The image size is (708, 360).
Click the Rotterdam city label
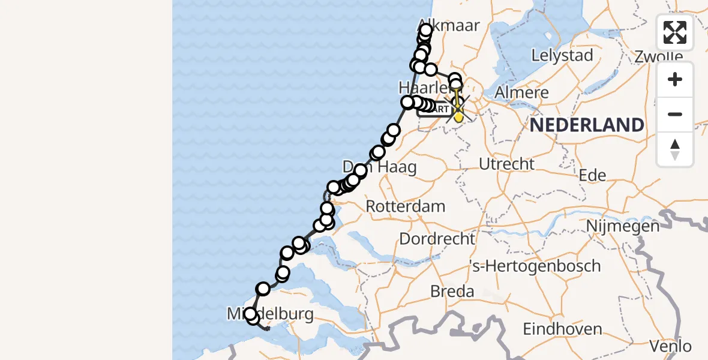click(x=406, y=206)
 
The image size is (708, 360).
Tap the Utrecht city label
click(x=506, y=164)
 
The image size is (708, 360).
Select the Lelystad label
click(x=562, y=56)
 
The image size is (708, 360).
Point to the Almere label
click(x=523, y=92)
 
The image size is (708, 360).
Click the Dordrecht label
click(x=437, y=239)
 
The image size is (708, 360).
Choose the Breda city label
click(x=452, y=292)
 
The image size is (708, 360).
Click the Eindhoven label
click(x=562, y=329)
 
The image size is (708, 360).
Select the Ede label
click(x=592, y=175)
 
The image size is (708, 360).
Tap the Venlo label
click(x=671, y=346)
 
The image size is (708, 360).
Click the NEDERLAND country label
click(x=587, y=125)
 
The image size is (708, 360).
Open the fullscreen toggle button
click(x=675, y=32)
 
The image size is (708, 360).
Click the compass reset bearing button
click(x=675, y=149)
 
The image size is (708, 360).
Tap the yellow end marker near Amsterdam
click(x=458, y=115)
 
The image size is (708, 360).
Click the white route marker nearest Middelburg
click(x=251, y=314)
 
